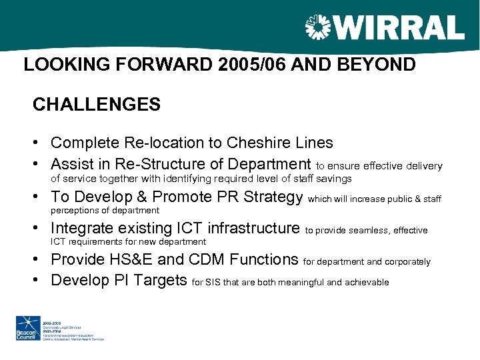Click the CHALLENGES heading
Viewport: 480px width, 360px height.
[97, 105]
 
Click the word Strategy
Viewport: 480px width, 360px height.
[273, 197]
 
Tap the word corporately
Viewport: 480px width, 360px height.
[407, 262]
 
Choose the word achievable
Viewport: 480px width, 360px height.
[366, 283]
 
